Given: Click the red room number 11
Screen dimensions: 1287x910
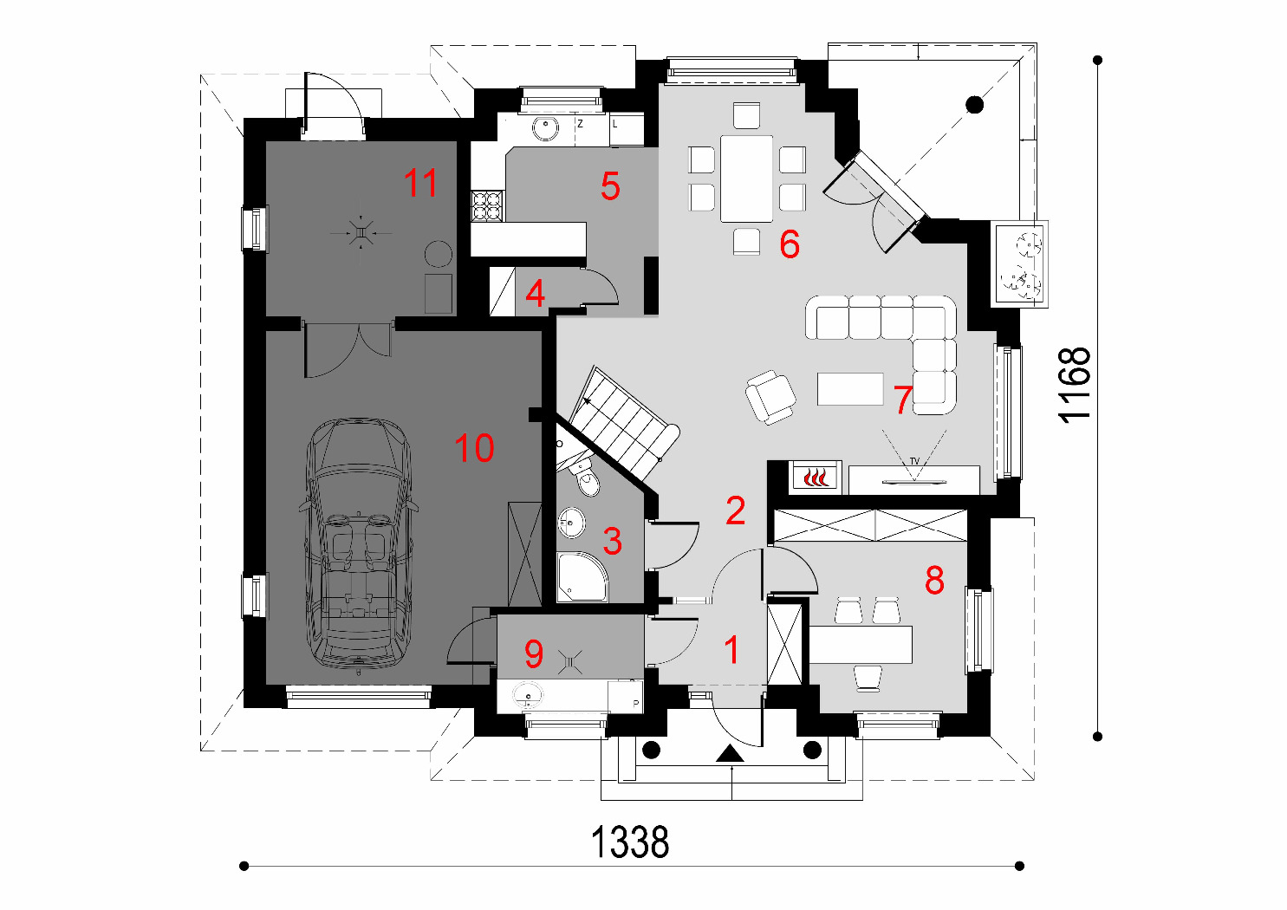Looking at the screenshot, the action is pyautogui.click(x=420, y=183).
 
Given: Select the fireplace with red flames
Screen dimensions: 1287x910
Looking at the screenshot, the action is pyautogui.click(x=816, y=477).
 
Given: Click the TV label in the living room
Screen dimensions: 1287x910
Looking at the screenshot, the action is pyautogui.click(x=914, y=461).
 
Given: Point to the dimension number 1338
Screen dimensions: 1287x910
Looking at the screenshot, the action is pyautogui.click(x=630, y=842).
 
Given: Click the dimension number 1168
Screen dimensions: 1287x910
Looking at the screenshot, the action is pyautogui.click(x=1075, y=386).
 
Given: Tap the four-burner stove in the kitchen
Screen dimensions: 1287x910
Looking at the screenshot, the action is pyautogui.click(x=487, y=206).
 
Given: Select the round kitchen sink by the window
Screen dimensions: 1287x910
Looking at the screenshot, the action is pyautogui.click(x=544, y=128).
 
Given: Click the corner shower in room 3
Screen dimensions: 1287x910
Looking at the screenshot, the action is pyautogui.click(x=582, y=577).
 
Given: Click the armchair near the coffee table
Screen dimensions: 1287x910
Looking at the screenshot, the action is pyautogui.click(x=770, y=397).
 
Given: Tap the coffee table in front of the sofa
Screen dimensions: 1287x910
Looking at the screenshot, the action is pyautogui.click(x=850, y=389).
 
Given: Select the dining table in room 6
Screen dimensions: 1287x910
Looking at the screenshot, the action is pyautogui.click(x=747, y=178).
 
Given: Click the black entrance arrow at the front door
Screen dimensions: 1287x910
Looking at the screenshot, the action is pyautogui.click(x=731, y=753).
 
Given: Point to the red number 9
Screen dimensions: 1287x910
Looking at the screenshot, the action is pyautogui.click(x=534, y=653).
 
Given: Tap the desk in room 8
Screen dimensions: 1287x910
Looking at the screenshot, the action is pyautogui.click(x=861, y=644).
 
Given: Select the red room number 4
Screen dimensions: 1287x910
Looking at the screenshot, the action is pyautogui.click(x=535, y=293).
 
